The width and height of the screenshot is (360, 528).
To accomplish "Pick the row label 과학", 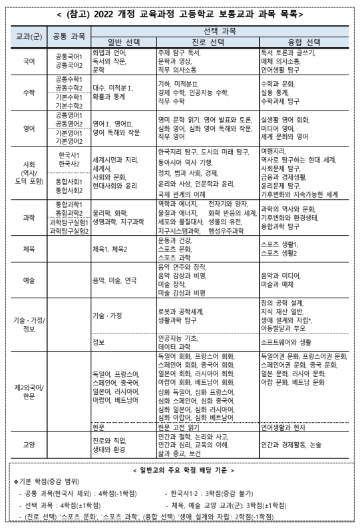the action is [29, 217].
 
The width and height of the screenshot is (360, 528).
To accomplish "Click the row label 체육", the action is [29, 248].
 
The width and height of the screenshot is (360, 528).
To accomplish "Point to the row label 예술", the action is [29, 279].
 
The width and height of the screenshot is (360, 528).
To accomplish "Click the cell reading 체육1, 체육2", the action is [110, 249].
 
